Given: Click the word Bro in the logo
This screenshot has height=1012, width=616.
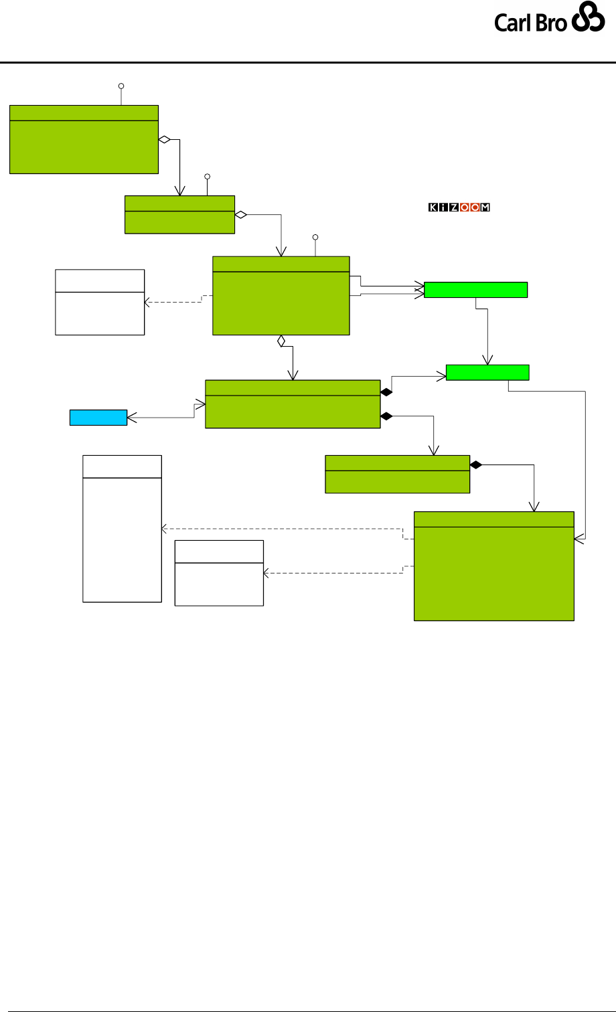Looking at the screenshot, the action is tap(552, 23).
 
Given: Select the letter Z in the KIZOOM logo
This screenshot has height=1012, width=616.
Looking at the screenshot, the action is tap(454, 207).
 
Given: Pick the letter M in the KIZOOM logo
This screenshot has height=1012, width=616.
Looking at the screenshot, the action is tap(485, 207).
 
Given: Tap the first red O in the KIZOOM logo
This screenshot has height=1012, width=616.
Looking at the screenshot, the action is tap(465, 207).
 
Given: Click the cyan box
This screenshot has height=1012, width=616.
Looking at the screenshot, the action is tap(98, 418).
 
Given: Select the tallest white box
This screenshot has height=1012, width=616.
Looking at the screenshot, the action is tap(122, 528).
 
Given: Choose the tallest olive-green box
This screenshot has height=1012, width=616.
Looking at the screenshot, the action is tap(494, 566).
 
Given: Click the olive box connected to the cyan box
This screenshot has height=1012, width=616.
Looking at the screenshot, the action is tap(292, 404).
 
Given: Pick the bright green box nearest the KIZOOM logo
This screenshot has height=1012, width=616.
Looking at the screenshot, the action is tap(475, 290).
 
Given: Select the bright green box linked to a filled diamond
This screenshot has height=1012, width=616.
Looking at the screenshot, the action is tap(487, 372).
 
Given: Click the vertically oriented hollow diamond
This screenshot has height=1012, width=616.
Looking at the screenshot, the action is tap(282, 341).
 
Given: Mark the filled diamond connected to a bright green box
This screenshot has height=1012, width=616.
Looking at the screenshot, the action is tap(386, 392).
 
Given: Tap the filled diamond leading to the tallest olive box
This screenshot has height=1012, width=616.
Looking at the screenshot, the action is tap(476, 465).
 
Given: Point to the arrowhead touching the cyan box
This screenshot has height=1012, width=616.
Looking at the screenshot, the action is tap(131, 418).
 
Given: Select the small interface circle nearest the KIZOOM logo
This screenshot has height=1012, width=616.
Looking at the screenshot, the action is tap(315, 237).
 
